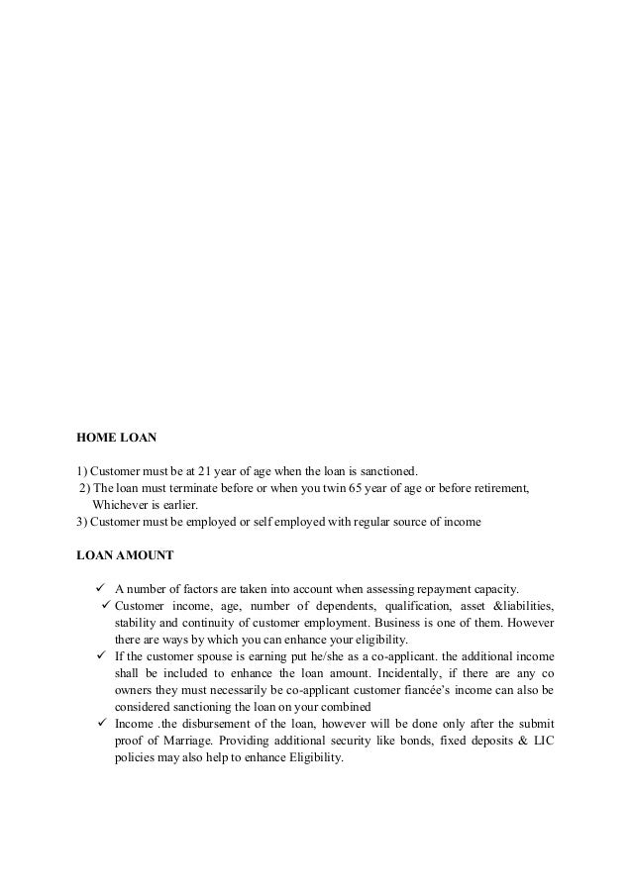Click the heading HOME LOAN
(110, 435)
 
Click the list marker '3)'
(83, 521)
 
